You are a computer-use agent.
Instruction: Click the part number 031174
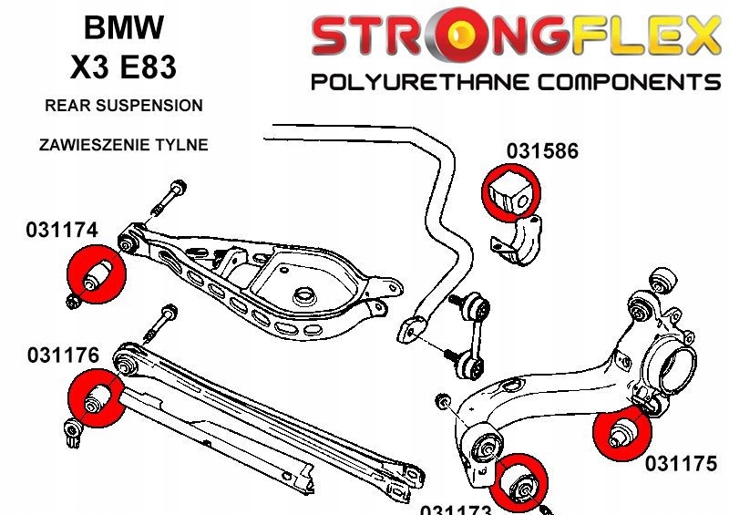(62, 232)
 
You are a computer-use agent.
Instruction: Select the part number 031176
(62, 354)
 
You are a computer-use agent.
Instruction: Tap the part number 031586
(542, 151)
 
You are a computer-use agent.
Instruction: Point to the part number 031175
(682, 464)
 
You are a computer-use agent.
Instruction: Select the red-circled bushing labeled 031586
(509, 191)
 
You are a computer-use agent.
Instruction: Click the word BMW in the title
(124, 27)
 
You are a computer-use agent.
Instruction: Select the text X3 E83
(124, 67)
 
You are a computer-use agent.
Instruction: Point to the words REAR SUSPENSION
(124, 106)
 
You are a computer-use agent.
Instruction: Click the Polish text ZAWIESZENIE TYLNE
(124, 144)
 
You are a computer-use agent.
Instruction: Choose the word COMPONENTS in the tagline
(629, 83)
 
